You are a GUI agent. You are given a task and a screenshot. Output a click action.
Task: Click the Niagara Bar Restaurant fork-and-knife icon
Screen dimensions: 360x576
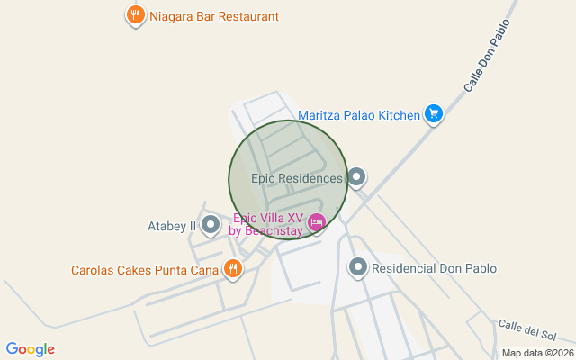coord(135,15)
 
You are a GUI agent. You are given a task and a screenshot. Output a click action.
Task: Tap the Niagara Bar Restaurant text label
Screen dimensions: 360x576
coord(214,16)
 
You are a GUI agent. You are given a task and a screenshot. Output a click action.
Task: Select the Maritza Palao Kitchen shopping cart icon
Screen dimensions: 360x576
coord(434,114)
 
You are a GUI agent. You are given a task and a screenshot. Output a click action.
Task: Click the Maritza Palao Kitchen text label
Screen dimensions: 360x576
coord(359,115)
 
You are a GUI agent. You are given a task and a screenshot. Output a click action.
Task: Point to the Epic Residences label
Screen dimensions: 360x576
coord(297,178)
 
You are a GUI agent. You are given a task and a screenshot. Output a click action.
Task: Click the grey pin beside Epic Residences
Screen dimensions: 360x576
coord(357,177)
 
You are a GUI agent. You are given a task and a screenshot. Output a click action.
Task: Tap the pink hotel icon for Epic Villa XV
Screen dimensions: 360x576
coord(316,221)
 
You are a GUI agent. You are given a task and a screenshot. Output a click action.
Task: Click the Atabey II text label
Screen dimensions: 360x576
coord(171,226)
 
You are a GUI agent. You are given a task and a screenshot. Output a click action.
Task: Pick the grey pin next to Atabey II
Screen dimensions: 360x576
coord(210,224)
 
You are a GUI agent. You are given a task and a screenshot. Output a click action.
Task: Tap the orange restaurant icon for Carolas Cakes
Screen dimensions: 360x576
coord(233,268)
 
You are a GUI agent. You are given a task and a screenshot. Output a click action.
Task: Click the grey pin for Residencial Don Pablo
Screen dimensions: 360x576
coord(358,266)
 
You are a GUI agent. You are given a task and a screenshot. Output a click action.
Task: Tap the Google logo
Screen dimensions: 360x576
coord(30,349)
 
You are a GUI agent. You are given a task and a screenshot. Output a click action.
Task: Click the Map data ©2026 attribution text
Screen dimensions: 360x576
coord(536,353)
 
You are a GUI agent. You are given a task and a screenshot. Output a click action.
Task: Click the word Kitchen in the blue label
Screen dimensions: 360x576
coord(399,115)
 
